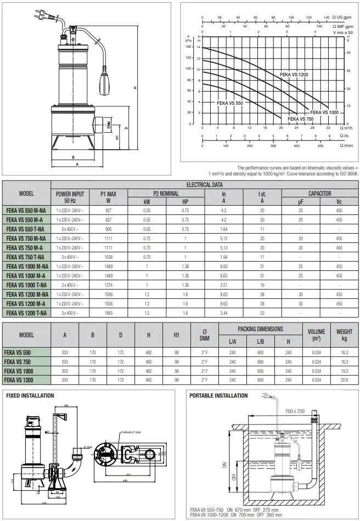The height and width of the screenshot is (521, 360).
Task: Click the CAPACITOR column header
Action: click(319, 194)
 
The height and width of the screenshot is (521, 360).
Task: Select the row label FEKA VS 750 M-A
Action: click(25, 248)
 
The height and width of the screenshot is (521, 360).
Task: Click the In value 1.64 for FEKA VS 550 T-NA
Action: click(224, 228)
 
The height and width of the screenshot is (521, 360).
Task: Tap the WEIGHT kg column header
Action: click(344, 335)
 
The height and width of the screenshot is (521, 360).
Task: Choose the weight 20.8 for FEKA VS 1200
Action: click(344, 379)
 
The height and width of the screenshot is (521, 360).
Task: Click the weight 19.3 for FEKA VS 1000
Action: click(344, 370)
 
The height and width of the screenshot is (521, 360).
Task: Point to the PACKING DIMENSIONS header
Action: click(260, 329)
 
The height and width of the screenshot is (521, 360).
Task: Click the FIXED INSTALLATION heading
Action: click(30, 395)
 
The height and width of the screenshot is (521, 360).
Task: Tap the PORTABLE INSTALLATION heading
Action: click(218, 395)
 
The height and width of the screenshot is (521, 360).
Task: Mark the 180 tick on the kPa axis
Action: click(189, 47)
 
